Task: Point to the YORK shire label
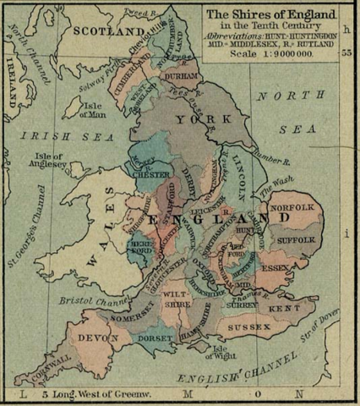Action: click(x=191, y=120)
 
